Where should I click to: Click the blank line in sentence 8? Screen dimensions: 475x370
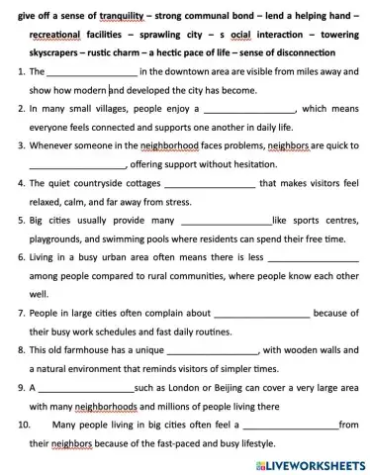215,349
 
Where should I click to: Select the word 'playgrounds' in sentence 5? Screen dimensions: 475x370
63,238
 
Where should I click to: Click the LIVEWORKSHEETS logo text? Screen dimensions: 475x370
316,463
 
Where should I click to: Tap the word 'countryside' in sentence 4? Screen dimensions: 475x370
108,183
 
